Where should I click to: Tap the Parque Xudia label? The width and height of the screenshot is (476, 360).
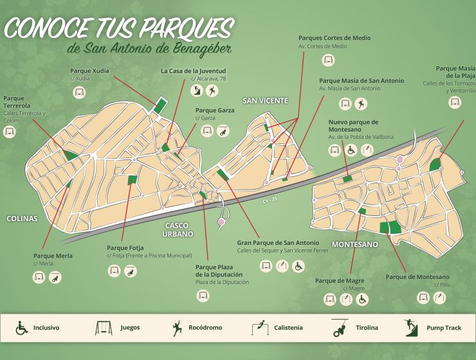click(89, 70)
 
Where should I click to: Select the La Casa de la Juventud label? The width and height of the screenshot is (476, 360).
click(193, 71)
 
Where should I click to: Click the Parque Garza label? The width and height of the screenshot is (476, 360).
click(214, 110)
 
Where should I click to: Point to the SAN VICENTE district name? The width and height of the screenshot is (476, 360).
click(265, 100)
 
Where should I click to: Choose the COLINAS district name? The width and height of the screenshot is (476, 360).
click(22, 219)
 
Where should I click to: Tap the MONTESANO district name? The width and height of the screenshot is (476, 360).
click(354, 244)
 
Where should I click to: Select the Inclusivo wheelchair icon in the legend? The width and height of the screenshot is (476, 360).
click(21, 328)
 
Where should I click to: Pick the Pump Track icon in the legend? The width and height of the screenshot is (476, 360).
click(411, 328)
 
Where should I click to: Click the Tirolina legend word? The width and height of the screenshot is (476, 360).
click(367, 328)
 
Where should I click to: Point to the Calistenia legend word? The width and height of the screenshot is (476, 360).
click(288, 328)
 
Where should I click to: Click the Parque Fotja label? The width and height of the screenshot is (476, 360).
click(125, 248)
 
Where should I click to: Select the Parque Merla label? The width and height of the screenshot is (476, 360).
click(53, 256)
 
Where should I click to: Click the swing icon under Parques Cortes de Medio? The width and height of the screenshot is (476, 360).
click(329, 60)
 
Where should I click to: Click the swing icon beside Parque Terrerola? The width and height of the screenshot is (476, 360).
click(10, 132)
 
